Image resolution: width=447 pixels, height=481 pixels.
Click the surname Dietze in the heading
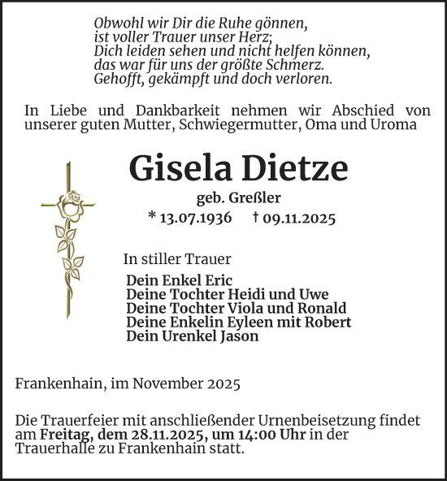(x=296, y=168)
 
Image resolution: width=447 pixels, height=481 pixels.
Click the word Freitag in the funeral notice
(x=57, y=435)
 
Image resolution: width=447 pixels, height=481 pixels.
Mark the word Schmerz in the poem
(x=297, y=64)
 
